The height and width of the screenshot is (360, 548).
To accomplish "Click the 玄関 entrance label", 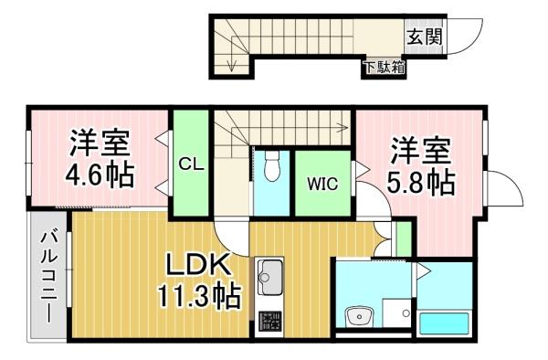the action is tap(425, 37).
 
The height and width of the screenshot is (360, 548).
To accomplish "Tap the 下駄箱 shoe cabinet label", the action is tap(385, 67).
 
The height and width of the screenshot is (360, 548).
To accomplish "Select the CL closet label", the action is tap(192, 164).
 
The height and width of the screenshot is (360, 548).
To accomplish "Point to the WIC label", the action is tap(322, 184).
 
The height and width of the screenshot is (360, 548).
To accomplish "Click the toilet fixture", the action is tap(272, 165).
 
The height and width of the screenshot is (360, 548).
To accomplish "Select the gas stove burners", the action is tap(269, 322).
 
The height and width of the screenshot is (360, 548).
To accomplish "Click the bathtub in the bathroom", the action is tap(444, 323).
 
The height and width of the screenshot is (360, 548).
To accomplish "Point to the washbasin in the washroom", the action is tap(359, 317).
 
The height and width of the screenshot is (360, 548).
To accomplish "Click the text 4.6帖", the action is tap(100, 175).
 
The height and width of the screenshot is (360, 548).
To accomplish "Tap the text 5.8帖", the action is tap(421, 182).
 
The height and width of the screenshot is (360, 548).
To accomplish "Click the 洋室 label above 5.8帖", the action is tap(421, 151).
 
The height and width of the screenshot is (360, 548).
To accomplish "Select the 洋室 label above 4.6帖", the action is tap(100, 143).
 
